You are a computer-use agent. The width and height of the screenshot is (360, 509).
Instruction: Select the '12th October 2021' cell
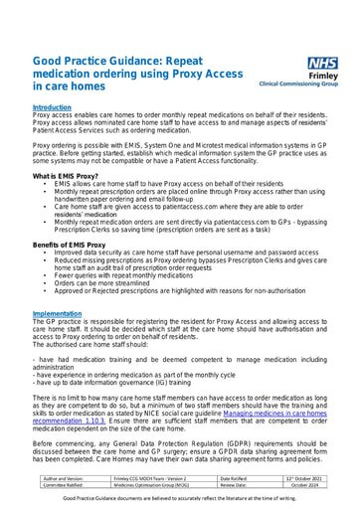(298, 478)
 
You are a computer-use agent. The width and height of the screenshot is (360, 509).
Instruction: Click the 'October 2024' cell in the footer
(298, 486)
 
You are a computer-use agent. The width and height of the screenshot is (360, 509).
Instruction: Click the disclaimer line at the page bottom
(180, 501)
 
